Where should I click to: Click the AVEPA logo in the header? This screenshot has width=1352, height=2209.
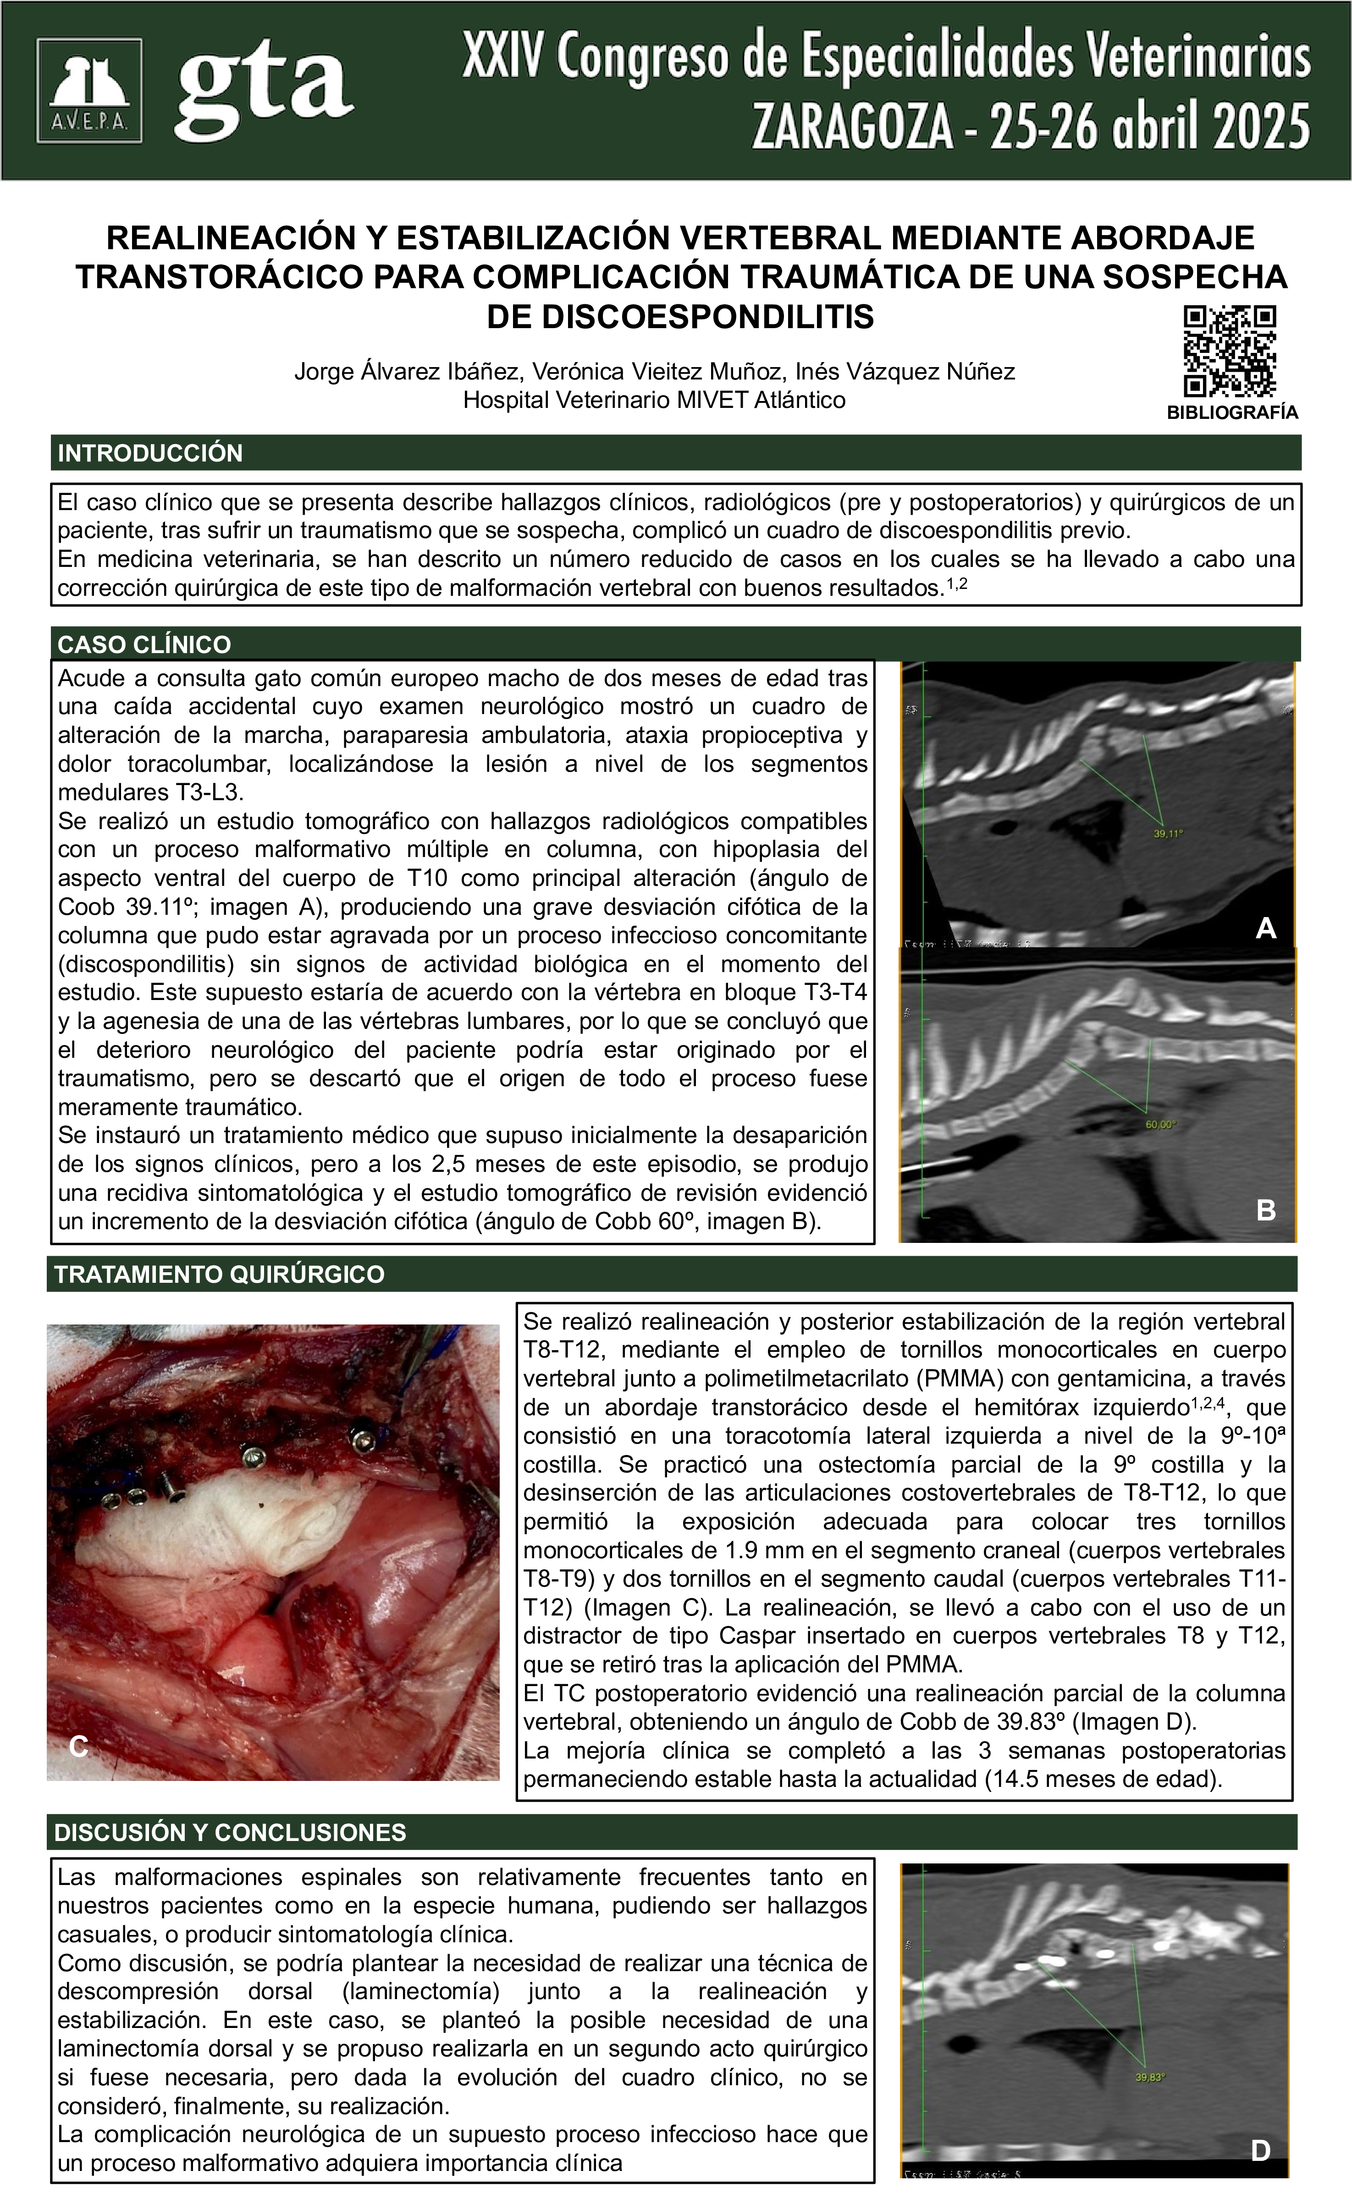click(89, 91)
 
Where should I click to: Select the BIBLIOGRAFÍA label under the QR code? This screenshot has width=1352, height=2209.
click(1232, 412)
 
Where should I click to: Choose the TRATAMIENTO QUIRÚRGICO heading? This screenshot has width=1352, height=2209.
click(220, 1274)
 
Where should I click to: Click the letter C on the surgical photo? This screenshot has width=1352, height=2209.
click(79, 1747)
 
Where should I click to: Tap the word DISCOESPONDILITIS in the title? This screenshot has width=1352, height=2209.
click(679, 317)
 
